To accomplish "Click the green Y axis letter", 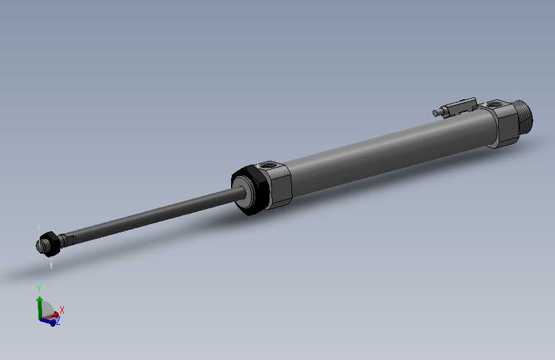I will click(x=39, y=288).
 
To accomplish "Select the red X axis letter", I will click(x=62, y=310).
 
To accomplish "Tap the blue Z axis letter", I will click(x=58, y=322).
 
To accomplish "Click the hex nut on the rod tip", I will click(x=54, y=243).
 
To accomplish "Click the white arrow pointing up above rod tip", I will click(x=40, y=228).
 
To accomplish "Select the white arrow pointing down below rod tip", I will click(x=51, y=263).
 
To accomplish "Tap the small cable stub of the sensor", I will click(x=437, y=113).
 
